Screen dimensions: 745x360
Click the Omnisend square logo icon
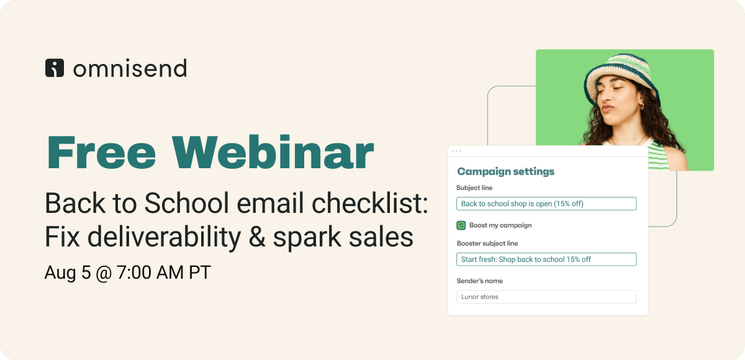tap(55, 68)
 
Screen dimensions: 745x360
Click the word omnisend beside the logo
tap(130, 68)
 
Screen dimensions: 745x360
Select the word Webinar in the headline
tap(273, 153)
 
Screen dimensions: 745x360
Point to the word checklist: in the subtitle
tap(369, 203)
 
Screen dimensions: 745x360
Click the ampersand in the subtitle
tap(257, 236)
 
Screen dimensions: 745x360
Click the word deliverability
tap(164, 237)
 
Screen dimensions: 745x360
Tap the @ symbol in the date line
tap(104, 273)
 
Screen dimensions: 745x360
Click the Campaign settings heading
tap(505, 171)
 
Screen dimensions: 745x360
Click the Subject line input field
tap(546, 204)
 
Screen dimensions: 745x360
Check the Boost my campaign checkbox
tap(461, 225)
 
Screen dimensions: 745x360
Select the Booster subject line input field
tap(546, 259)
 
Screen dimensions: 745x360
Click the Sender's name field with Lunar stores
tap(546, 297)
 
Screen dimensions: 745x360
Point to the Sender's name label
tap(479, 281)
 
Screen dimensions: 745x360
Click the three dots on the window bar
tap(456, 151)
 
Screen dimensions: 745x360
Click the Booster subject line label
tap(487, 243)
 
